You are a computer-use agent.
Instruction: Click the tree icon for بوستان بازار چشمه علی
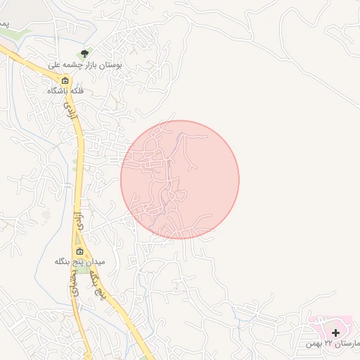[x=85, y=53]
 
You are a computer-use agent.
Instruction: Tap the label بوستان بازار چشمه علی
[x=85, y=64]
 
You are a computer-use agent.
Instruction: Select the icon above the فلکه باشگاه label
[x=65, y=79]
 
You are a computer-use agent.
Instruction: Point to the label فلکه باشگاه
[x=65, y=91]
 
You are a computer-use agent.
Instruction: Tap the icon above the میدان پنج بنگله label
[x=79, y=251]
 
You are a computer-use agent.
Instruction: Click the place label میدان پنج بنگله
[x=79, y=262]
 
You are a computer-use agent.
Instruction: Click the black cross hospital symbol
[x=335, y=332]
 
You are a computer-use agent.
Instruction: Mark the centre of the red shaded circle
[x=180, y=179]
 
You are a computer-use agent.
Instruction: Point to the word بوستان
[x=110, y=64]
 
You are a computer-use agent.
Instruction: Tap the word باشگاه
[x=58, y=91]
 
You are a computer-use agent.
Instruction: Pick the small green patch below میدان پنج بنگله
[x=83, y=271]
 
